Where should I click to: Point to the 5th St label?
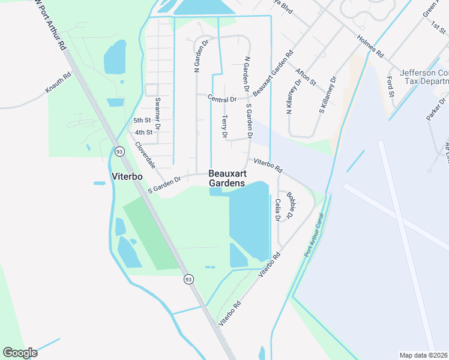(x=141, y=121)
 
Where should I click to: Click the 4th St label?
(x=143, y=132)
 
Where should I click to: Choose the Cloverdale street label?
(x=145, y=154)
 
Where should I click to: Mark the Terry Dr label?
(x=225, y=127)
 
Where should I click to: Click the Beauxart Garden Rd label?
(x=273, y=73)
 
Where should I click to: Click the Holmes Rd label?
(x=370, y=46)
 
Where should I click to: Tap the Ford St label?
(x=391, y=86)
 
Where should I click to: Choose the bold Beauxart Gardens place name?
(x=227, y=178)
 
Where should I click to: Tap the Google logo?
(x=20, y=353)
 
